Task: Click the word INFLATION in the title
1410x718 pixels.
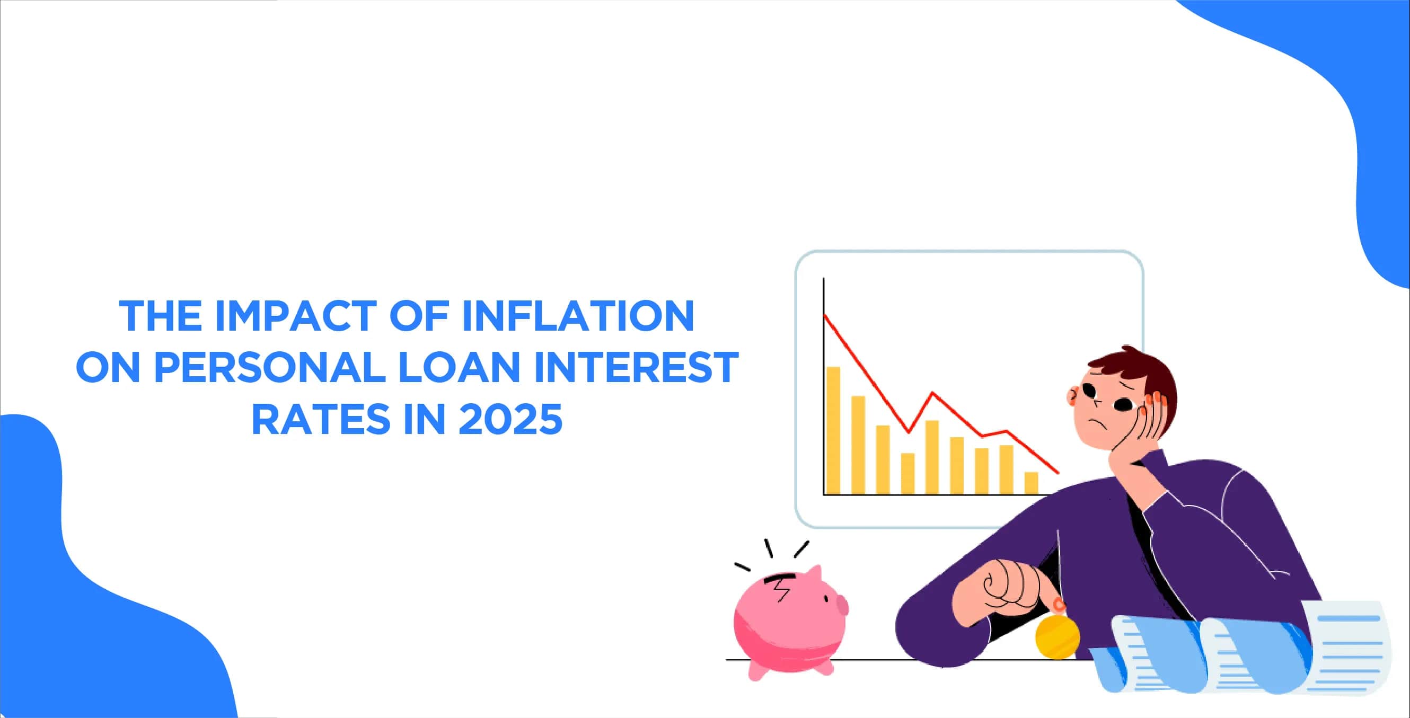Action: pos(578,316)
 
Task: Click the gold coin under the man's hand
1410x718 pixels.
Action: pos(1057,636)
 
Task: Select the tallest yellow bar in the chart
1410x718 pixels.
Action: pos(833,430)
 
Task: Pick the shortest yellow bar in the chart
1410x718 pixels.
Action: pos(1031,483)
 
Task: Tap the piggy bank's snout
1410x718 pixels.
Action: pos(842,606)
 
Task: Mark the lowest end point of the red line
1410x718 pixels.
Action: pos(1059,473)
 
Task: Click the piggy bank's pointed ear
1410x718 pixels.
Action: pos(814,574)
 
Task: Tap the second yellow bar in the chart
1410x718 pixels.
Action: pos(858,445)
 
